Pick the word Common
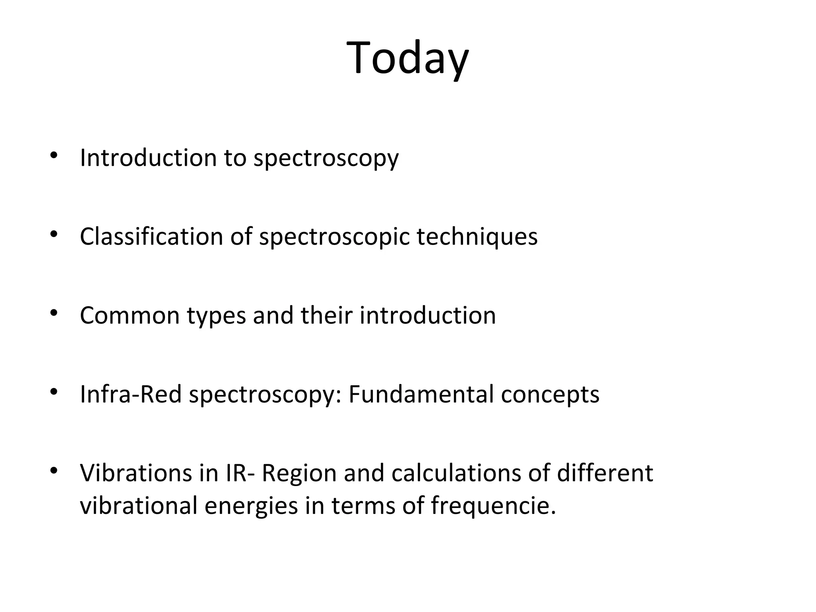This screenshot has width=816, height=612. click(x=129, y=316)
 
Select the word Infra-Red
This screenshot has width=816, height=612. click(x=131, y=394)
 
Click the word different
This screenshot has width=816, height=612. click(x=605, y=473)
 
